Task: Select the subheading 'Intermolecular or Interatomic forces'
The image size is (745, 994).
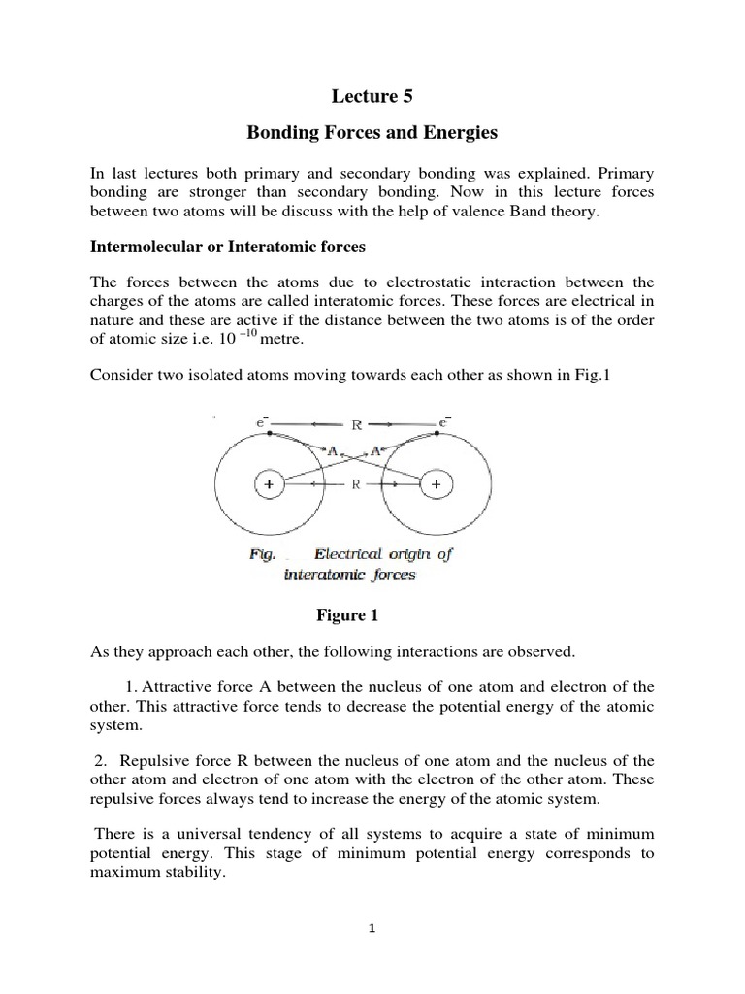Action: click(228, 247)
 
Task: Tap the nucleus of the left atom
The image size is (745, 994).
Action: click(266, 483)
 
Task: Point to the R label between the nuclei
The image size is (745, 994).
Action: click(355, 483)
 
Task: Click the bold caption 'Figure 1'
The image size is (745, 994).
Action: click(346, 615)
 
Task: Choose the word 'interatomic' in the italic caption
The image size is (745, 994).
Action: click(319, 574)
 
